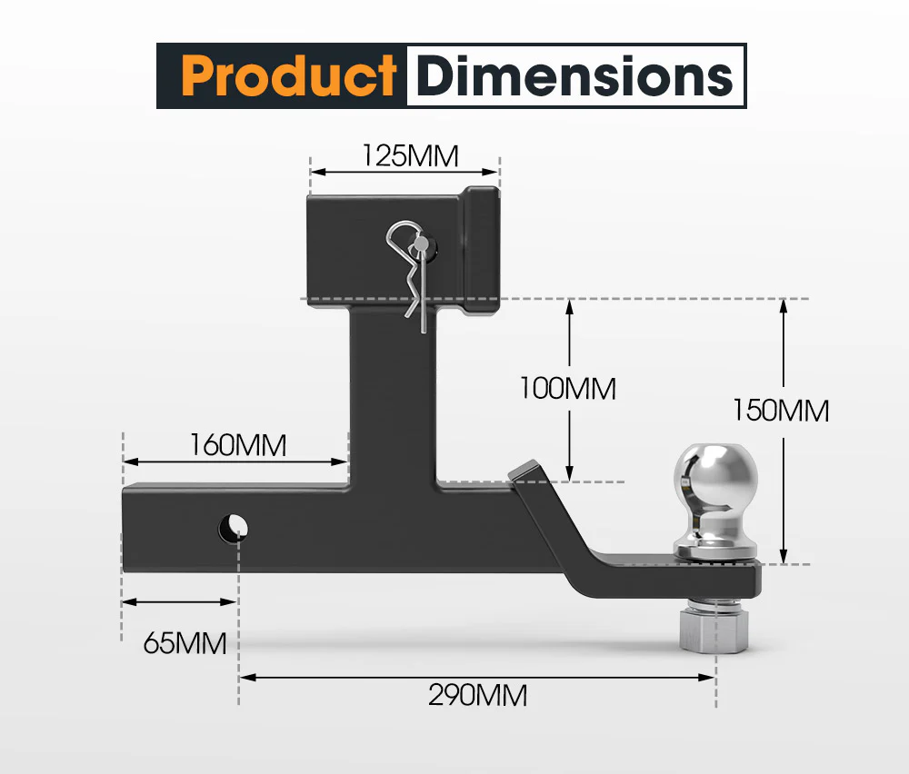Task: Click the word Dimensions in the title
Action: (574, 76)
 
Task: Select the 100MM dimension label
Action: (567, 389)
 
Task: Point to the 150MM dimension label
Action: (781, 411)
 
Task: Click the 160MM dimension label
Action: (238, 446)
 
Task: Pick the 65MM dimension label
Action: (185, 643)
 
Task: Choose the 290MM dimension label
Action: (477, 696)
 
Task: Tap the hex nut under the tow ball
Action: (714, 630)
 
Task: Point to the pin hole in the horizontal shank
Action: (233, 526)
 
